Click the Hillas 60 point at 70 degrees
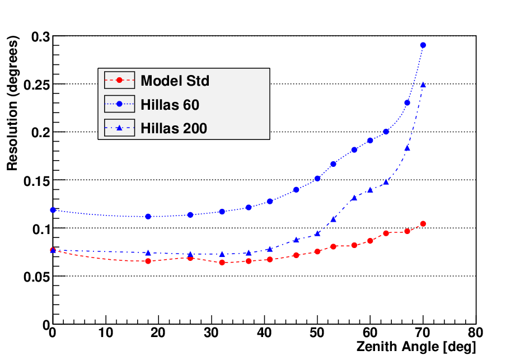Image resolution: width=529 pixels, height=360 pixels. (423, 45)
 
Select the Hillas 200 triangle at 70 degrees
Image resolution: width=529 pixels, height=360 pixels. (423, 85)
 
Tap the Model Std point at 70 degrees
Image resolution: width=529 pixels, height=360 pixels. (423, 224)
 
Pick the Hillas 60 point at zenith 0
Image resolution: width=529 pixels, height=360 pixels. (53, 210)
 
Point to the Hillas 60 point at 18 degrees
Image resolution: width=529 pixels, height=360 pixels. (148, 216)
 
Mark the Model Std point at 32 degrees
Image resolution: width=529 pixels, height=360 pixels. (222, 262)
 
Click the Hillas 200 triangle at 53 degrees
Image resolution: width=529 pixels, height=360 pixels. (333, 219)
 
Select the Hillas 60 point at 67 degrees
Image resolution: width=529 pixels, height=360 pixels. (407, 102)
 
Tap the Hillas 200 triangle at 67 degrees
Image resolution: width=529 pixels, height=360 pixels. (407, 148)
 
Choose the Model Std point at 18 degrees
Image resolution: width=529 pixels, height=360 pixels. (148, 261)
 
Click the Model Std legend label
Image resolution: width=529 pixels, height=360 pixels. (175, 81)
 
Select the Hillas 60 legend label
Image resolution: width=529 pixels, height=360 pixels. (170, 105)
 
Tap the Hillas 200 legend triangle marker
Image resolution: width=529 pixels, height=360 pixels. (119, 128)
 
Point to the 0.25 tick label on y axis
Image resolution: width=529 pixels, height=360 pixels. (36, 85)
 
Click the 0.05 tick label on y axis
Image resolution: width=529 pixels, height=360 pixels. (36, 277)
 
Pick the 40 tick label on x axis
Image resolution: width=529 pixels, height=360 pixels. (264, 333)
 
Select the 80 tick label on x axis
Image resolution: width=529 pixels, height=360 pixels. (475, 333)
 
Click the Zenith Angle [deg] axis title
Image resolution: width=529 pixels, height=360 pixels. (416, 347)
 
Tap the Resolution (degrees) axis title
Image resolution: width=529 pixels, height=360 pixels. (12, 103)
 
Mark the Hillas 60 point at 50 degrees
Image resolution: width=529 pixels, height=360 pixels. (317, 179)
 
